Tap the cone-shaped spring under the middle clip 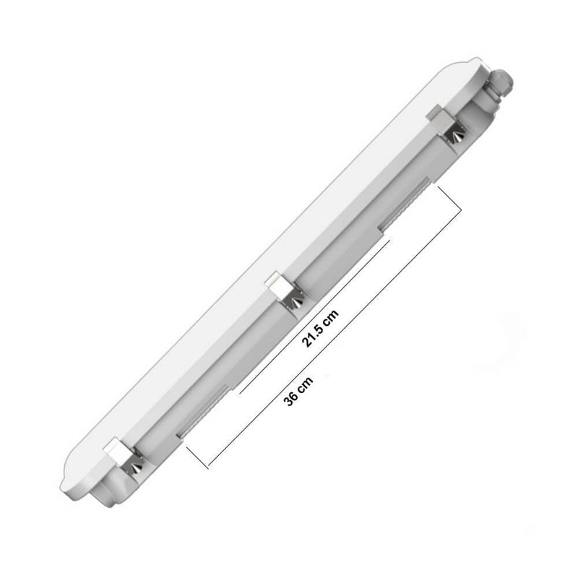pos(296,302)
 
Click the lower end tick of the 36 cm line pos(197,457)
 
